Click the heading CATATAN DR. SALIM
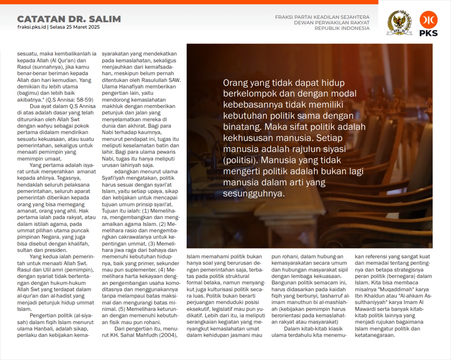(x=69, y=19)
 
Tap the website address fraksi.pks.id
(x=32, y=27)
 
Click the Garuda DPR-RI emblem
(x=399, y=23)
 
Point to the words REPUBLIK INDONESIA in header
(x=342, y=29)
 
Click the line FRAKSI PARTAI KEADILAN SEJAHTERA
(x=322, y=17)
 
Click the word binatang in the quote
(x=242, y=127)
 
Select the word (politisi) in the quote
(x=240, y=160)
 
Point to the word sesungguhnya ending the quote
(x=254, y=193)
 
